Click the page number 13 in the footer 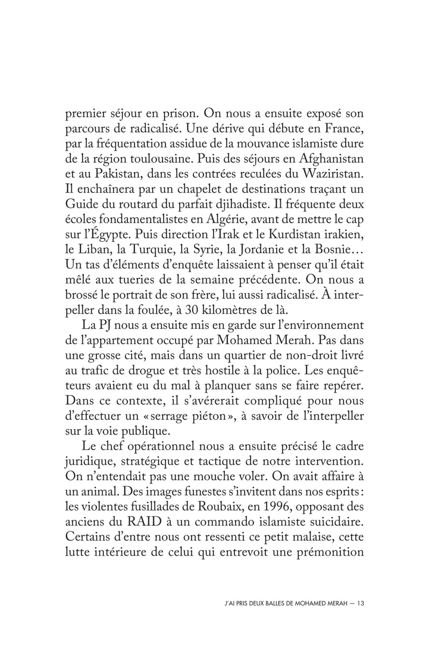point(361,604)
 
